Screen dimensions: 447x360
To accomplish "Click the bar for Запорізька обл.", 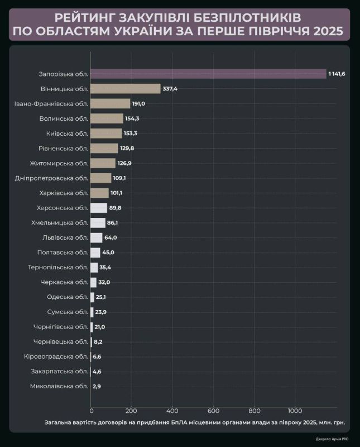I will point(208,74).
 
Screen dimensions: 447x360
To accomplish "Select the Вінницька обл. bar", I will point(125,88).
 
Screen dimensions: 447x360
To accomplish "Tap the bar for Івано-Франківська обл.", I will point(110,103).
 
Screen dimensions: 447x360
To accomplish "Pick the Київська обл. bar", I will point(106,133).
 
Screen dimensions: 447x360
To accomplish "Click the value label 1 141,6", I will point(337,74).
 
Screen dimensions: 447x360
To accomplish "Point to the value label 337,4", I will point(170,88).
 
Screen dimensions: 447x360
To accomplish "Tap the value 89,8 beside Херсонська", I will point(116,208).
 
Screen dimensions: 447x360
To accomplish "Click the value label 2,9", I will point(97,386).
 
